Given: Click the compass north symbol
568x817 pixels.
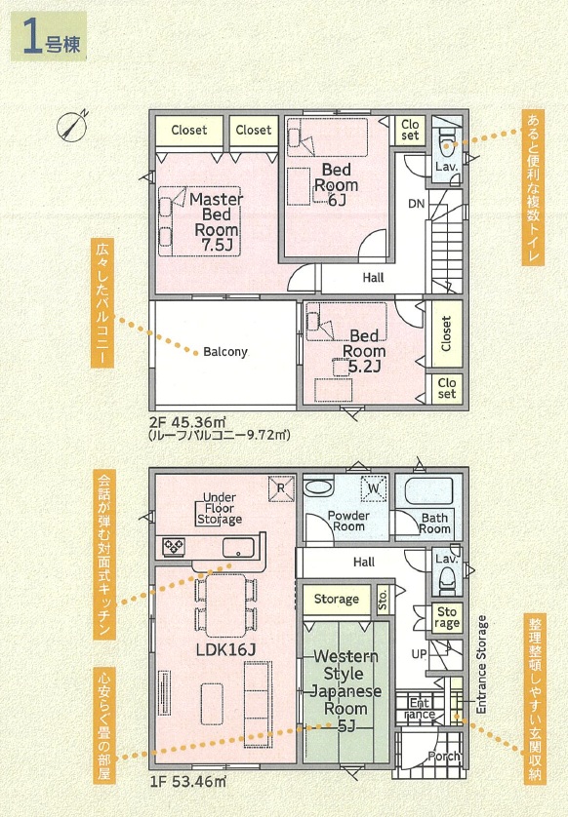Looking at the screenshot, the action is pos(71,126).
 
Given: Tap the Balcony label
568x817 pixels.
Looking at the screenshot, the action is pos(225,352).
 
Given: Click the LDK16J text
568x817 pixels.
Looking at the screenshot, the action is pos(225,649).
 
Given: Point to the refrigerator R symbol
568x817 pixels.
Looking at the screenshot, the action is pos(281,488).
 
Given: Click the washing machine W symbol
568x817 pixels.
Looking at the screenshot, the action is pos(374,488).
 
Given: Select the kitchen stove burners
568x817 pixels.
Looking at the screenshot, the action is pos(173,547).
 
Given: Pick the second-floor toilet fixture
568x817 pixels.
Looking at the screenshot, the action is pos(446,141).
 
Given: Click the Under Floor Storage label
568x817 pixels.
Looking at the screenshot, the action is pos(219,509).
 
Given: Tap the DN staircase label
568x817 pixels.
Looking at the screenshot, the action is pos(416,204).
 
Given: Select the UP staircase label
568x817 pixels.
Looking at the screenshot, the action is pos(420,653).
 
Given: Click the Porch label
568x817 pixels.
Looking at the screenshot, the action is pos(444,756).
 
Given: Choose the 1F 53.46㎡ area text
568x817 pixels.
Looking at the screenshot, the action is pos(187,782).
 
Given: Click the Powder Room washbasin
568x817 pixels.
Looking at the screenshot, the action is pos(318,488).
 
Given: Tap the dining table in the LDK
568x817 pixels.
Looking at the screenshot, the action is pos(225,604).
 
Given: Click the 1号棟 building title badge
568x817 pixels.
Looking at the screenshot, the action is pos(49,36).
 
